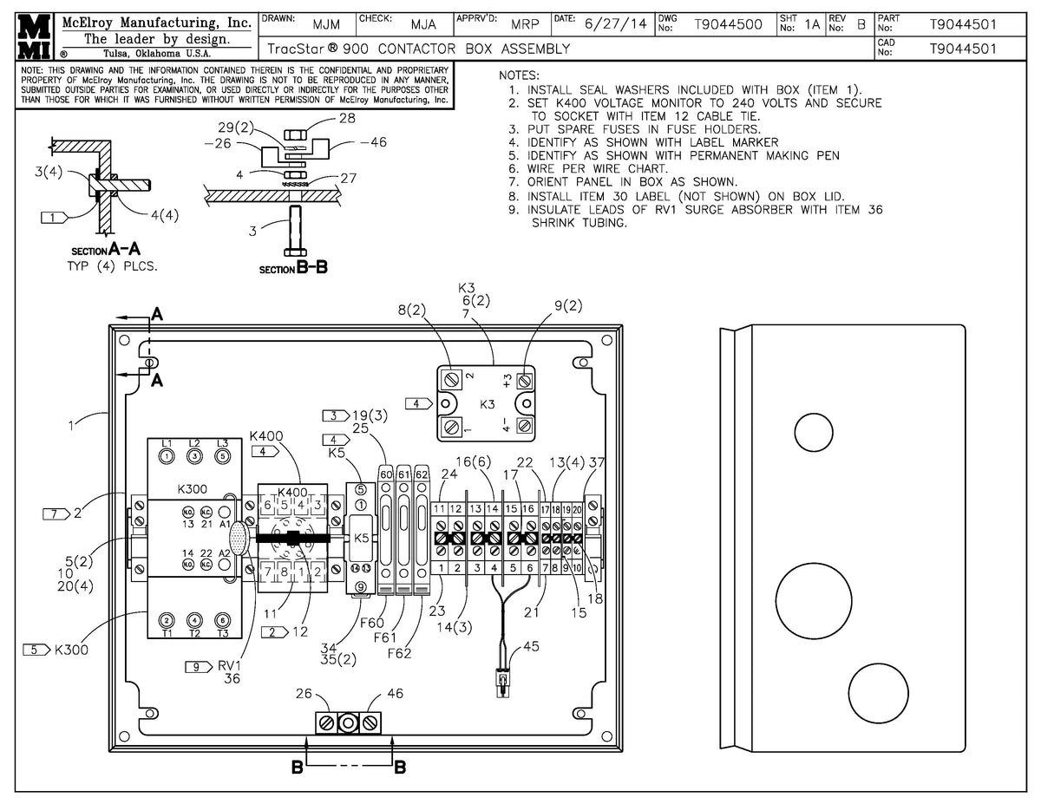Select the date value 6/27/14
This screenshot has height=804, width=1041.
point(615,24)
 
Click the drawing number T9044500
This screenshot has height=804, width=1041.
point(729,24)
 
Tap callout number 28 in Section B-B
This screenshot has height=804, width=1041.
point(347,118)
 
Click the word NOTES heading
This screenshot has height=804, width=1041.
point(519,75)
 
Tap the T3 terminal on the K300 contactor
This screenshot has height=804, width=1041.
point(223,620)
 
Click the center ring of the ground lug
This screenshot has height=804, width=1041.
point(348,722)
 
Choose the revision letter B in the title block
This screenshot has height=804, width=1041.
point(861,24)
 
